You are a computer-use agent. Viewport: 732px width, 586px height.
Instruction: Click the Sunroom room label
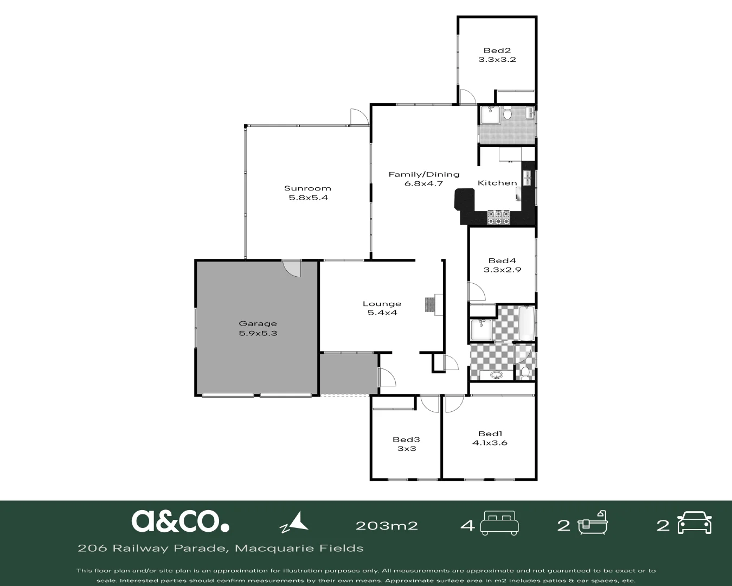tap(307, 188)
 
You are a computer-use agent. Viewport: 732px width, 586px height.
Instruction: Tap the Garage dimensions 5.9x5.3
tap(258, 333)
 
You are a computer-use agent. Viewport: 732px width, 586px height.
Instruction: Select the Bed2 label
tap(497, 51)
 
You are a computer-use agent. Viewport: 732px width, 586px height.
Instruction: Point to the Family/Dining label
tap(424, 175)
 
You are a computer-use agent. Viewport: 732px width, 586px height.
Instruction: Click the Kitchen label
tap(497, 183)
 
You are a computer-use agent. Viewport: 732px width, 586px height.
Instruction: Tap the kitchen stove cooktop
tap(498, 218)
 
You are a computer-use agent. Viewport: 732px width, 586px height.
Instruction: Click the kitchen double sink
tap(526, 178)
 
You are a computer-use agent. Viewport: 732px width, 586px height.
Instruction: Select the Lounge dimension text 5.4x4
tap(382, 313)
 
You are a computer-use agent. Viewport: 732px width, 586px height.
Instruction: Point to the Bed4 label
tap(502, 261)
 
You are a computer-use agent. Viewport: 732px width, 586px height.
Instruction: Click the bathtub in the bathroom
tap(526, 323)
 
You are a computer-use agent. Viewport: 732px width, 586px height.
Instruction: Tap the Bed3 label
tap(407, 439)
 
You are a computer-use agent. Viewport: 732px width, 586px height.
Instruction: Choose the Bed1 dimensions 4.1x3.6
tap(490, 443)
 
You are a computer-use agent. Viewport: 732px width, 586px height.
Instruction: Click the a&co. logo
tap(180, 521)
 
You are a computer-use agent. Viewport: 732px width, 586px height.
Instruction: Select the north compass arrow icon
tap(294, 522)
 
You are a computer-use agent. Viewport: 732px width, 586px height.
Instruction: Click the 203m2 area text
tap(387, 526)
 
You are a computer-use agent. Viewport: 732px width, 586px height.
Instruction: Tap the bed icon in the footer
tap(499, 523)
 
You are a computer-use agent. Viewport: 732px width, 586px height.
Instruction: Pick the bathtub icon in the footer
tap(593, 523)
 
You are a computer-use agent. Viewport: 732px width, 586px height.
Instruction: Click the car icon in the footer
tap(694, 523)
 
